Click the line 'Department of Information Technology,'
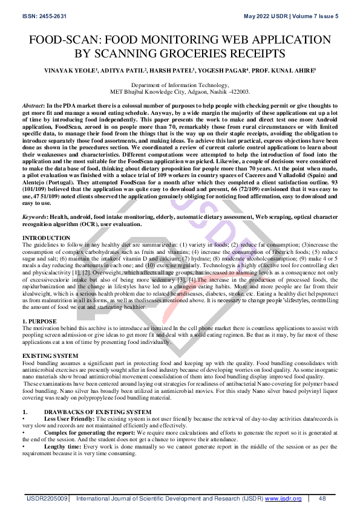coord(180,86)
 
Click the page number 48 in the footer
coord(322,499)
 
